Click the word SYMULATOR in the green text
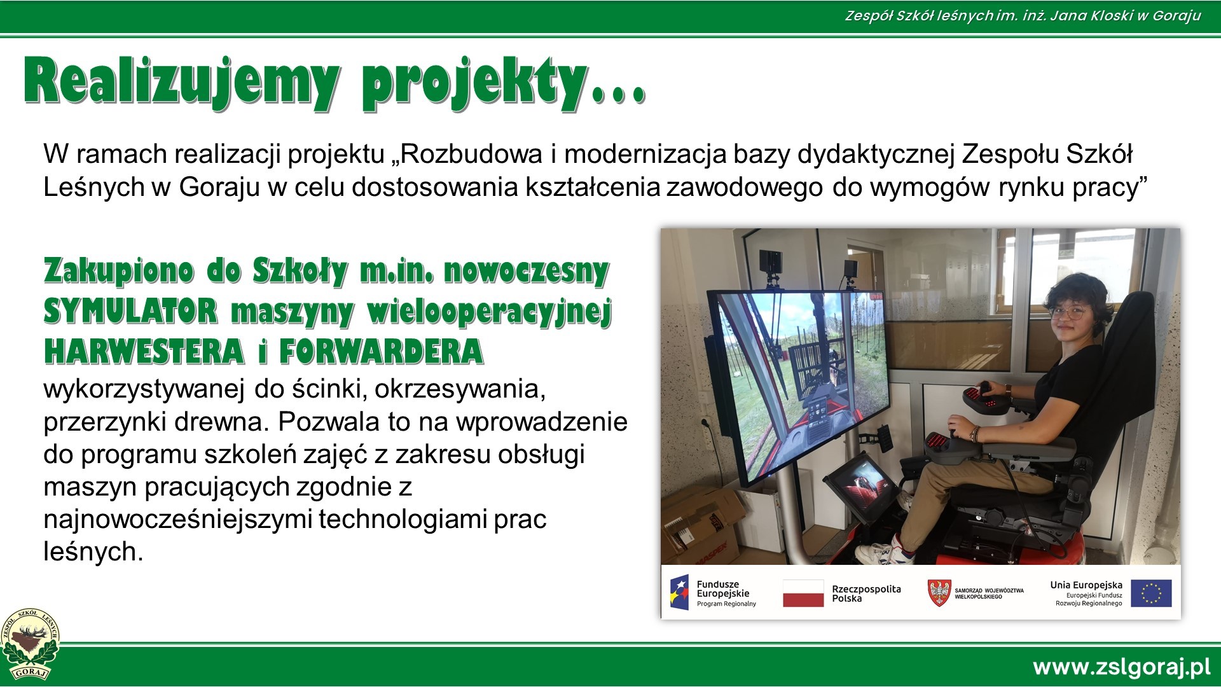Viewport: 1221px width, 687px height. click(130, 312)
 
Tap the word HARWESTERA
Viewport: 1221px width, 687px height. click(144, 352)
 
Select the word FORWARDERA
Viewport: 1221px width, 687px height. click(381, 352)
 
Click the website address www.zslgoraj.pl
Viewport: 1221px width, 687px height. click(1121, 667)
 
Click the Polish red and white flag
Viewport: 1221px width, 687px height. click(803, 593)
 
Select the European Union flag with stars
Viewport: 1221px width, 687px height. click(1152, 593)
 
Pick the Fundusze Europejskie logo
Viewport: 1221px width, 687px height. click(714, 592)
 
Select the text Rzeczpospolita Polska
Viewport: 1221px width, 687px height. click(866, 593)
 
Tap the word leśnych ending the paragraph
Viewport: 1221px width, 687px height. click(93, 552)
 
